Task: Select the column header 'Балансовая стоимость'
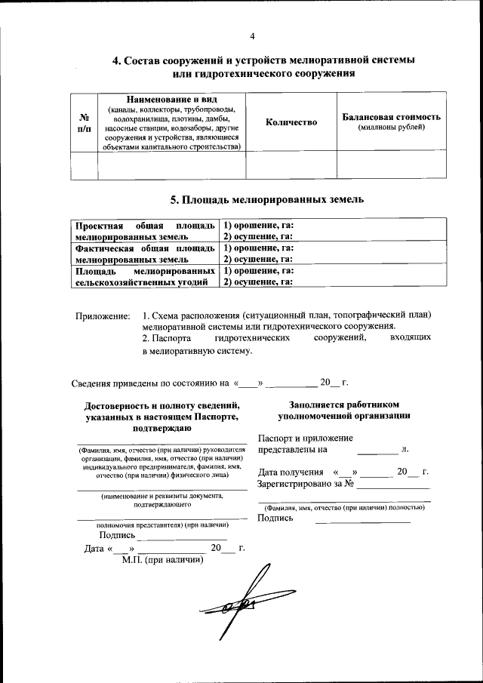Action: point(391,118)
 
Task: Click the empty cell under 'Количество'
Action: point(291,165)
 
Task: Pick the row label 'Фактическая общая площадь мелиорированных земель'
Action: point(144,254)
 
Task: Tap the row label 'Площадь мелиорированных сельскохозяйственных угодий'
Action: point(144,276)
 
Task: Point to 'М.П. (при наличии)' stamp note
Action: point(163,559)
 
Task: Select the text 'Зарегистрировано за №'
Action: point(306,484)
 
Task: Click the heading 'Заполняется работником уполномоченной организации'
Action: point(343,410)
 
